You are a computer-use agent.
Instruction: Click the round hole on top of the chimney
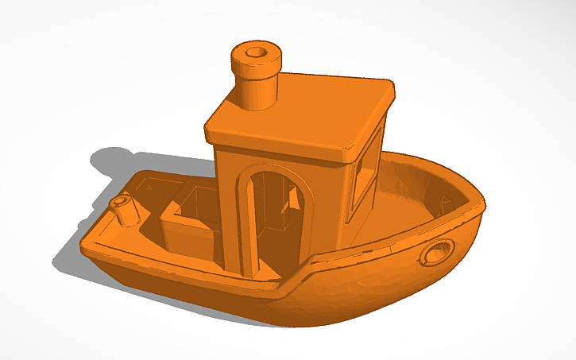257,52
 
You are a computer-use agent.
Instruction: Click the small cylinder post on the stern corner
125,211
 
